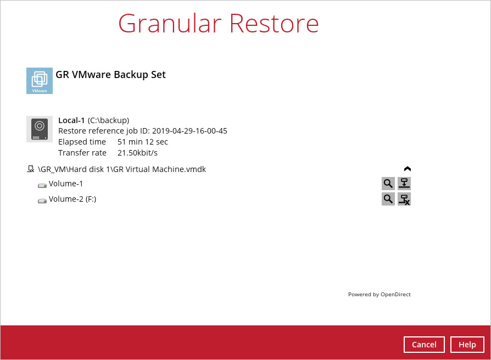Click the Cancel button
[424, 345]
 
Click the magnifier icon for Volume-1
[388, 184]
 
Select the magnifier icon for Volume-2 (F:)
[388, 199]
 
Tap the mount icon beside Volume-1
[404, 184]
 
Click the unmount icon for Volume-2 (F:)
[404, 199]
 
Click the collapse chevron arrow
[408, 169]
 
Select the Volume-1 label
[66, 184]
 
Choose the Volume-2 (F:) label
[72, 199]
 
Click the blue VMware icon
[40, 81]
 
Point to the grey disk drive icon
[40, 129]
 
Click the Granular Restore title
[219, 24]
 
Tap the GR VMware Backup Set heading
[110, 75]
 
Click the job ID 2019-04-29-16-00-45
[190, 131]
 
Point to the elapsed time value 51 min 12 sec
[143, 142]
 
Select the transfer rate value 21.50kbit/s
[137, 153]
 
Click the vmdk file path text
[122, 169]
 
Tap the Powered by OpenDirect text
[379, 295]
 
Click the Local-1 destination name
[71, 120]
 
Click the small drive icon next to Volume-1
[42, 185]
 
